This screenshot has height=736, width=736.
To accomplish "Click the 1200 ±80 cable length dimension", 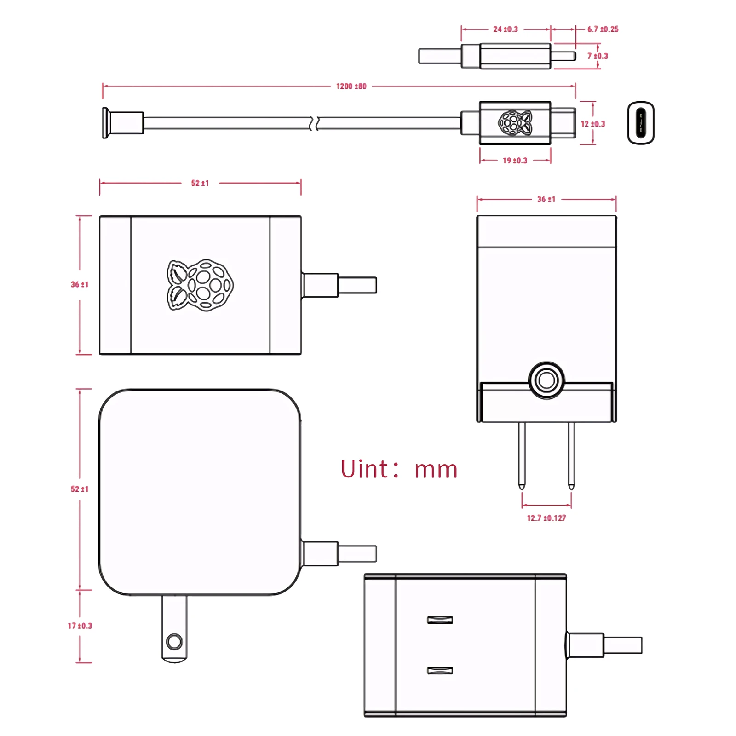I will pyautogui.click(x=351, y=86).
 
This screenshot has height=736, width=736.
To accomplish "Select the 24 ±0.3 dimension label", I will pyautogui.click(x=505, y=29).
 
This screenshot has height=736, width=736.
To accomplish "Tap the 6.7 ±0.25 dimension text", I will pyautogui.click(x=603, y=29).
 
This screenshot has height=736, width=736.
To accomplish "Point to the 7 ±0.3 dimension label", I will pyautogui.click(x=598, y=56).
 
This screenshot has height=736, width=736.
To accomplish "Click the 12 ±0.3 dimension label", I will pyautogui.click(x=592, y=124).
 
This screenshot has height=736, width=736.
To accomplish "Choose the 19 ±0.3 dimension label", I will pyautogui.click(x=515, y=161).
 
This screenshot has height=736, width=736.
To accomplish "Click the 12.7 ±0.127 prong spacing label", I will pyautogui.click(x=546, y=518).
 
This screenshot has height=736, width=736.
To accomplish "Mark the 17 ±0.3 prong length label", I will pyautogui.click(x=80, y=626).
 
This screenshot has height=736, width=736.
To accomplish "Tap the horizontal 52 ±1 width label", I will pyautogui.click(x=200, y=183).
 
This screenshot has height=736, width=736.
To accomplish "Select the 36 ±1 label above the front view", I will pyautogui.click(x=546, y=199).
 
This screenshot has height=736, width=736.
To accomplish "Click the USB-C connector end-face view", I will pyautogui.click(x=641, y=123).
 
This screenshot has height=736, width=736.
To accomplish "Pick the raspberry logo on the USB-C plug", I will pyautogui.click(x=515, y=123).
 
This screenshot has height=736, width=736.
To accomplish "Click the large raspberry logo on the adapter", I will pyautogui.click(x=200, y=285).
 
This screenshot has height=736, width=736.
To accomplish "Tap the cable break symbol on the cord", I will pyautogui.click(x=315, y=123).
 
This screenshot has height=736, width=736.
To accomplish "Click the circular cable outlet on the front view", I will pyautogui.click(x=546, y=380).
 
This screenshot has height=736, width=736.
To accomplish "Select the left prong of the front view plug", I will pyautogui.click(x=522, y=455).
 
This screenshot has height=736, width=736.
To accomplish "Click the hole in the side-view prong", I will pyautogui.click(x=174, y=641).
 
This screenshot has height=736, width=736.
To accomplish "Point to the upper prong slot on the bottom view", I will pyautogui.click(x=440, y=620).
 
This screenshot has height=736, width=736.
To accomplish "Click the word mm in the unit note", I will pyautogui.click(x=436, y=470).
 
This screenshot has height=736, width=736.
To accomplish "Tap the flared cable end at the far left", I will pyautogui.click(x=106, y=123).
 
